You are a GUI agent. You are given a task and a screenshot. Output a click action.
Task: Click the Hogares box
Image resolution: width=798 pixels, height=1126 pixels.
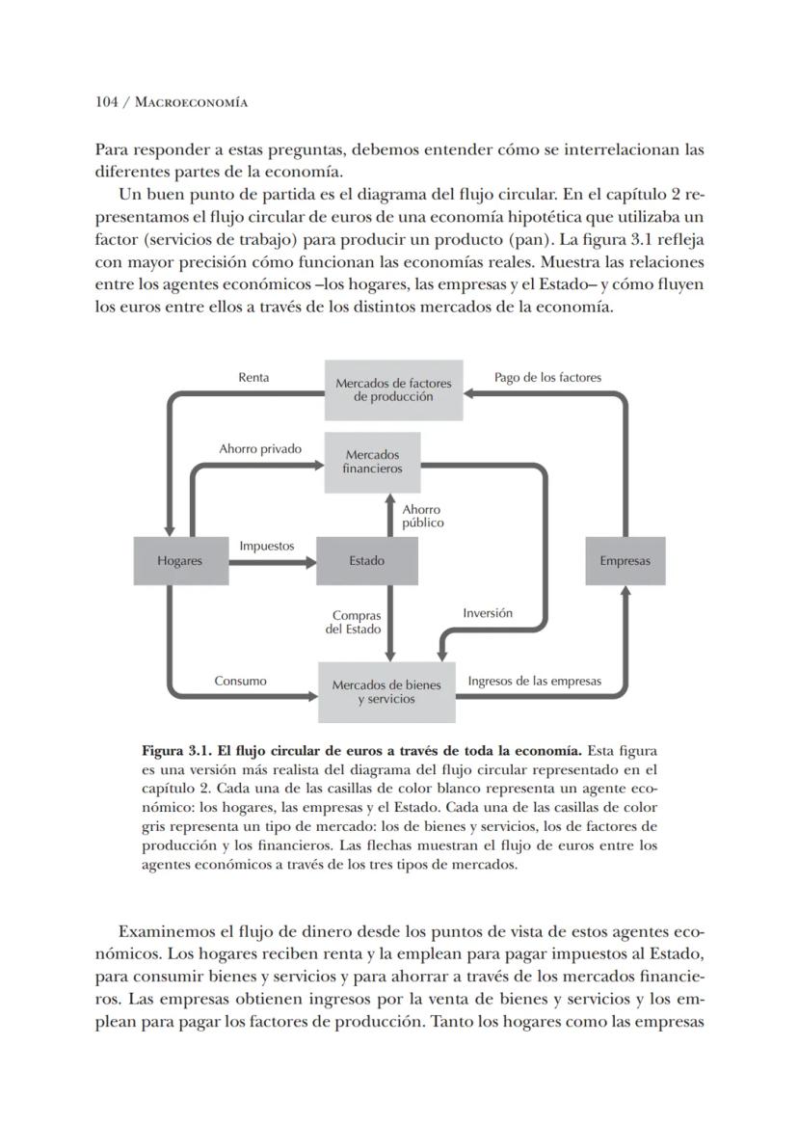179,561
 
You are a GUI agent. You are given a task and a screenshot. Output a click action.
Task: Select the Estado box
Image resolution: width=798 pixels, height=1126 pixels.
366,561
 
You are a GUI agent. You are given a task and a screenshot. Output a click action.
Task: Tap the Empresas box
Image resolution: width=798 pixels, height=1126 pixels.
625,561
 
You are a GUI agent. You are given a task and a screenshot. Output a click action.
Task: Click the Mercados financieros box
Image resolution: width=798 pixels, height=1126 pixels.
372,462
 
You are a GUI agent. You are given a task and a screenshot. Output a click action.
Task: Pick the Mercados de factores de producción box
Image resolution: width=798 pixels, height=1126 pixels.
393,389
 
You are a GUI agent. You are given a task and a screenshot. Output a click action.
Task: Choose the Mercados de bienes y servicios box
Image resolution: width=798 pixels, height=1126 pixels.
386,692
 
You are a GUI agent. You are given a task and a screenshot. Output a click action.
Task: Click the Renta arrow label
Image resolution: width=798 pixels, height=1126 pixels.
253,377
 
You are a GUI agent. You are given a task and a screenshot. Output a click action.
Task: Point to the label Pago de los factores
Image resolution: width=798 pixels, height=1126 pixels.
547,377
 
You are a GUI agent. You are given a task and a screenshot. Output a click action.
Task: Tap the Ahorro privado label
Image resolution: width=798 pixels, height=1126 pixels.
260,448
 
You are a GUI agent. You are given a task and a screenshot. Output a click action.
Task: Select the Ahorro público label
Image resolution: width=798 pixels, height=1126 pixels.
422,516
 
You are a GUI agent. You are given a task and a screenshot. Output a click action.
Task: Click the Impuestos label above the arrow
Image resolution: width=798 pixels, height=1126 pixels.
267,546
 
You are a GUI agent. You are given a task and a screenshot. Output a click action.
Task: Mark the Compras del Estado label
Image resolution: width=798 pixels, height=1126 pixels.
356,622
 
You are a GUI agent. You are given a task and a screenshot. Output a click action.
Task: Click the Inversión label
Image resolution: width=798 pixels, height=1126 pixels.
488,612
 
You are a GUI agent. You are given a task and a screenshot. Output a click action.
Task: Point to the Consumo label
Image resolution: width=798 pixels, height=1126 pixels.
240,681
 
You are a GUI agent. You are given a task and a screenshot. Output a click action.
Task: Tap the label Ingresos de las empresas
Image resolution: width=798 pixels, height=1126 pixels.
534,681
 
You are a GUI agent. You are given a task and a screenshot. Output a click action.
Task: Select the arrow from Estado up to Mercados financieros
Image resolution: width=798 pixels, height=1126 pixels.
390,516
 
